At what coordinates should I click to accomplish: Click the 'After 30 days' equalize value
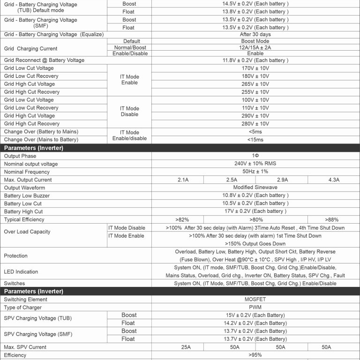(x=255, y=34)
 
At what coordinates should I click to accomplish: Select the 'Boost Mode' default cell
(x=255, y=41)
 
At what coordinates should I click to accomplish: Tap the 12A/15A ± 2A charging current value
(x=255, y=47)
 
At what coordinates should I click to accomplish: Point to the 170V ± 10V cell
(x=255, y=68)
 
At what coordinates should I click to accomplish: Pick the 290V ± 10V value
(x=255, y=116)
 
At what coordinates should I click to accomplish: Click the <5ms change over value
(x=255, y=132)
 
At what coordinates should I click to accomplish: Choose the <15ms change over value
(x=255, y=140)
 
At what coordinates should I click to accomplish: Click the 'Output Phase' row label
(x=20, y=156)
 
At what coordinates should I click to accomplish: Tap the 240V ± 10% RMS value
(x=255, y=164)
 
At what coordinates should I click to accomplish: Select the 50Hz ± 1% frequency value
(x=255, y=172)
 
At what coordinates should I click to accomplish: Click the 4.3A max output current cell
(x=334, y=180)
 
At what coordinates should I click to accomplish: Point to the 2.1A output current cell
(x=183, y=180)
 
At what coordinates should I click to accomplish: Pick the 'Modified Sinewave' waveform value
(x=255, y=187)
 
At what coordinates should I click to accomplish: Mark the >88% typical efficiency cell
(x=333, y=219)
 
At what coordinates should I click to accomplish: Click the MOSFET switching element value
(x=255, y=300)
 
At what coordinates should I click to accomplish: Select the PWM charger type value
(x=255, y=307)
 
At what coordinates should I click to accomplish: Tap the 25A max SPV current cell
(x=186, y=347)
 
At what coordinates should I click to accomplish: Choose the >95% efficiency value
(x=255, y=355)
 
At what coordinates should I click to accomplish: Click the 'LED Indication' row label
(x=21, y=272)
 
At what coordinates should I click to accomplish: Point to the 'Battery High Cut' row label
(x=23, y=211)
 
